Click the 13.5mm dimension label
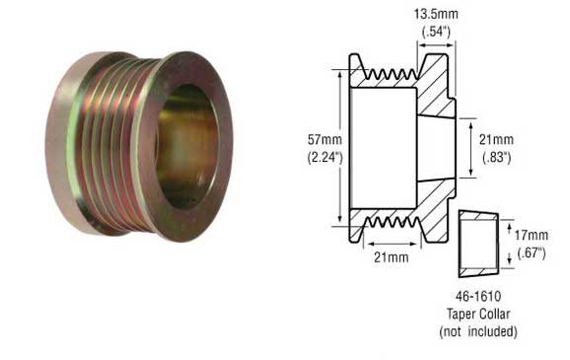pyautogui.click(x=436, y=15)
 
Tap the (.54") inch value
pyautogui.click(x=436, y=32)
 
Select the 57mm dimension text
pyautogui.click(x=324, y=140)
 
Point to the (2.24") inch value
pyautogui.click(x=325, y=157)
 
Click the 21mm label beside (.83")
pyautogui.click(x=496, y=140)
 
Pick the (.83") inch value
pyautogui.click(x=497, y=157)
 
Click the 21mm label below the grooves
pyautogui.click(x=392, y=257)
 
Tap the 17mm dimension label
pyautogui.click(x=532, y=236)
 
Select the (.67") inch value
pyautogui.click(x=532, y=252)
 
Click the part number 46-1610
pyautogui.click(x=478, y=296)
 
